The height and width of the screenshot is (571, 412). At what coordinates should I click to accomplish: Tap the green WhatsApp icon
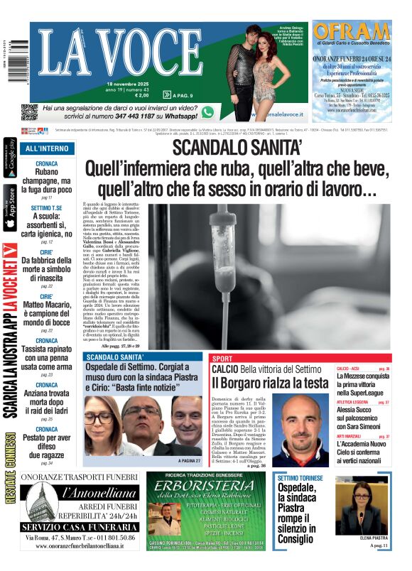click(x=207, y=112)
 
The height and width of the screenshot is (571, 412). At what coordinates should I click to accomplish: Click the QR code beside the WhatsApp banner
click(x=29, y=112)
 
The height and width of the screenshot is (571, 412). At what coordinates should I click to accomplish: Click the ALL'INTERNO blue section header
click(x=47, y=148)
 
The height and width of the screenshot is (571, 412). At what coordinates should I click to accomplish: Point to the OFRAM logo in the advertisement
click(x=351, y=32)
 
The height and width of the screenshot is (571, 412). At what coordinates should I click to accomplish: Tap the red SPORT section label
click(x=222, y=359)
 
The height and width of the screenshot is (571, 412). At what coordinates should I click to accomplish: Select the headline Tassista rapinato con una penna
click(x=46, y=355)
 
